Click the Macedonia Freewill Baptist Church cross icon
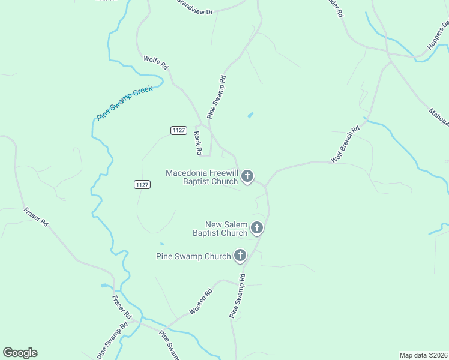(247, 176)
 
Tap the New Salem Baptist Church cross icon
(257, 228)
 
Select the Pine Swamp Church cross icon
(240, 256)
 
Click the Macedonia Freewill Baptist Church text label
(202, 177)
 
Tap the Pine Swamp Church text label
(193, 256)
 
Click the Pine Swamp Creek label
(125, 103)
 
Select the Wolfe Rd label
(155, 62)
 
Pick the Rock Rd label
(197, 142)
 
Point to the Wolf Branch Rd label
(345, 145)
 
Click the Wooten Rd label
(201, 302)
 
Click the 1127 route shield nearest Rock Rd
(178, 130)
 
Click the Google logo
(20, 353)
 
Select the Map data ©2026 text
(423, 355)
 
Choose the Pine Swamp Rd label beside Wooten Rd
(238, 296)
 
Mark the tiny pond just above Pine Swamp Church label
(161, 244)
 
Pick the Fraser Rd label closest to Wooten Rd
(122, 306)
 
